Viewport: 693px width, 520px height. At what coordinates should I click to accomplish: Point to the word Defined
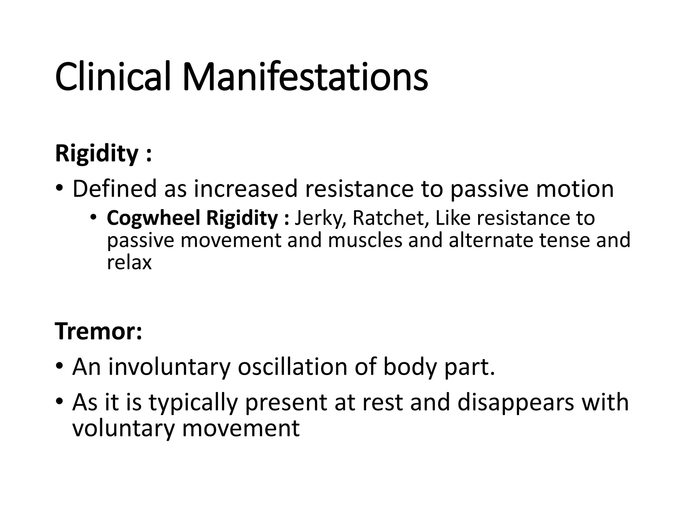(x=114, y=189)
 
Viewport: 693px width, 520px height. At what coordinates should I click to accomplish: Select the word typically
(x=193, y=403)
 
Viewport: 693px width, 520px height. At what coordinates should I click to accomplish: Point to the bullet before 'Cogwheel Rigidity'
(x=94, y=217)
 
